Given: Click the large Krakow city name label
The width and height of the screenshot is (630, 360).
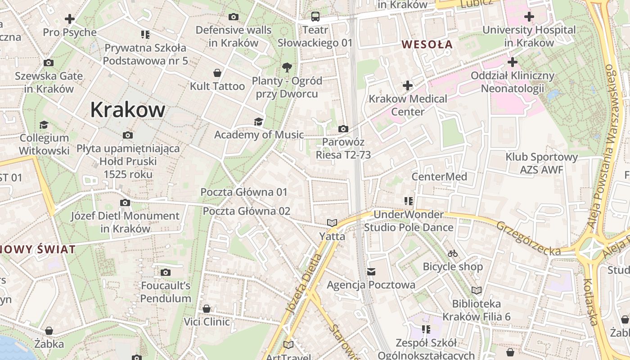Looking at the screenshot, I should tap(128, 110).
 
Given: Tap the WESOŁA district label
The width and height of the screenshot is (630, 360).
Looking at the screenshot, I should tap(427, 44).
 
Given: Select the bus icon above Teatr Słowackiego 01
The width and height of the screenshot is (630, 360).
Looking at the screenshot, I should tap(315, 17).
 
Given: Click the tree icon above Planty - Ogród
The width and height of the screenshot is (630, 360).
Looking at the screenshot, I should tap(287, 68).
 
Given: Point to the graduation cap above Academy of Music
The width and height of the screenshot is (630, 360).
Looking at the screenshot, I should tap(258, 121).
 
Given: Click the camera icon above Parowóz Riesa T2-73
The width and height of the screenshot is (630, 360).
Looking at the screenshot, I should tap(343, 129).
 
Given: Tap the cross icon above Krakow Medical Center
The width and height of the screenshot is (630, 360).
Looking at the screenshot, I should tap(408, 85).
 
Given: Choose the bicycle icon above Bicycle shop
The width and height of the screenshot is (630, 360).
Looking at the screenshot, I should tap(453, 254).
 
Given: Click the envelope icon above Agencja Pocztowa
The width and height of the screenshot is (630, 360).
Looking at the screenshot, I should tap(371, 272).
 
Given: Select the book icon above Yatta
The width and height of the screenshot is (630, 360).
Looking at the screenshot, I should tap(332, 223).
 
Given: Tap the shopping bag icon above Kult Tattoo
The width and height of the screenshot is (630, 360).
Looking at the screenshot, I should tap(217, 73).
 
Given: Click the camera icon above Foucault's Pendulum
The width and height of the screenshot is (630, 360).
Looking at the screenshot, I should tap(166, 272).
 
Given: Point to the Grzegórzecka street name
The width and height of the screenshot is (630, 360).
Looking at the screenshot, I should tap(529, 238).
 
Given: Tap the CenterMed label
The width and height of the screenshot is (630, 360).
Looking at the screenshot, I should tap(439, 176).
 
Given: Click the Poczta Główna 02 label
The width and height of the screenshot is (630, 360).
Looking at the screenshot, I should tap(247, 211).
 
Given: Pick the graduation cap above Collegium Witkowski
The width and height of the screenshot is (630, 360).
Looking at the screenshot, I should tap(44, 125).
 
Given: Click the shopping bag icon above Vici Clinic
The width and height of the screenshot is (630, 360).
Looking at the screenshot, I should tap(207, 309).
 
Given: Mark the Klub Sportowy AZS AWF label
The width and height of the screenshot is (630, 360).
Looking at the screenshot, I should tap(541, 163).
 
